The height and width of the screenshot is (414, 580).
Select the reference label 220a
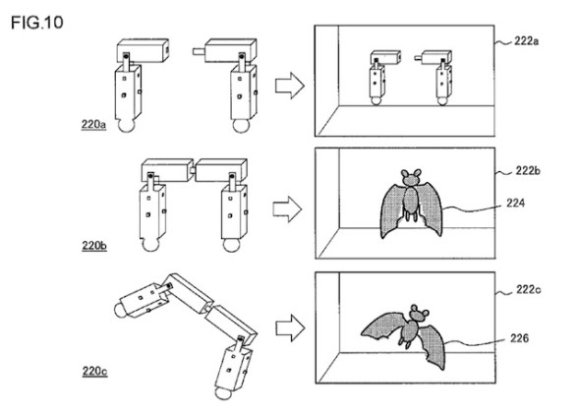pyautogui.click(x=96, y=126)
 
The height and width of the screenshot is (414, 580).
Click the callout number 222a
pyautogui.click(x=532, y=43)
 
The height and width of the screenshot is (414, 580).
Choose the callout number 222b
pyautogui.click(x=532, y=170)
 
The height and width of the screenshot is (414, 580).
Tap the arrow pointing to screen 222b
pyautogui.click(x=286, y=208)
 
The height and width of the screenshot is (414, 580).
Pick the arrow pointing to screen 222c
pyautogui.click(x=286, y=327)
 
